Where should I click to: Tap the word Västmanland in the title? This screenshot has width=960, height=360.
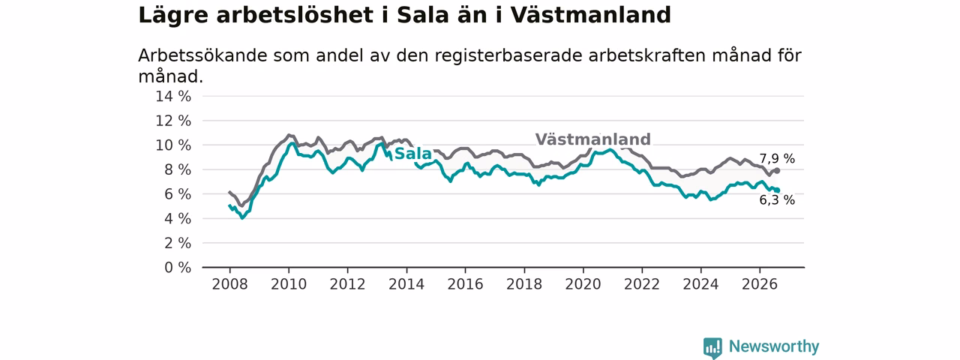(x=590, y=16)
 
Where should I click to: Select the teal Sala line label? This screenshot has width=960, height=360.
(x=412, y=154)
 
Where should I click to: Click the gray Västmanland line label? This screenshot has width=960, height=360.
(x=592, y=139)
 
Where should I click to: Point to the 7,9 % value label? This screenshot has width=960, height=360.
(x=777, y=158)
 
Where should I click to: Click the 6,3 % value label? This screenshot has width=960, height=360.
(x=777, y=199)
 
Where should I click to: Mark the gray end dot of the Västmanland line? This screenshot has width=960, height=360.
(x=777, y=170)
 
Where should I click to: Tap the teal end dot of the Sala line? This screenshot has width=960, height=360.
(x=777, y=190)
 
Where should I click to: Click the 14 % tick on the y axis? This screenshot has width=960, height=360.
(x=173, y=97)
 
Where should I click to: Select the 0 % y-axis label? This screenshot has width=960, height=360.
(x=178, y=268)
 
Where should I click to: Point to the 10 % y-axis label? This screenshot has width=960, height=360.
(x=173, y=145)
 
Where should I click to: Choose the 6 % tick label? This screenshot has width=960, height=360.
(x=178, y=194)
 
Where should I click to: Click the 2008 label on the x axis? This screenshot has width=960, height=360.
(x=229, y=284)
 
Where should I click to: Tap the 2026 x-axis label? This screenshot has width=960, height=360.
(x=760, y=284)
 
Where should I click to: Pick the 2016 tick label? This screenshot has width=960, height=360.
(x=466, y=284)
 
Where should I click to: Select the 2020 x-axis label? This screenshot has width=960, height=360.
(x=583, y=284)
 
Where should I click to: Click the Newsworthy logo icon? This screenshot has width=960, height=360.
(x=712, y=347)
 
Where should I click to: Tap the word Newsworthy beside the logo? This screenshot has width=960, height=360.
(x=774, y=346)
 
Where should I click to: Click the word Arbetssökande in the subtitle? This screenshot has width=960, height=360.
(x=202, y=55)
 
